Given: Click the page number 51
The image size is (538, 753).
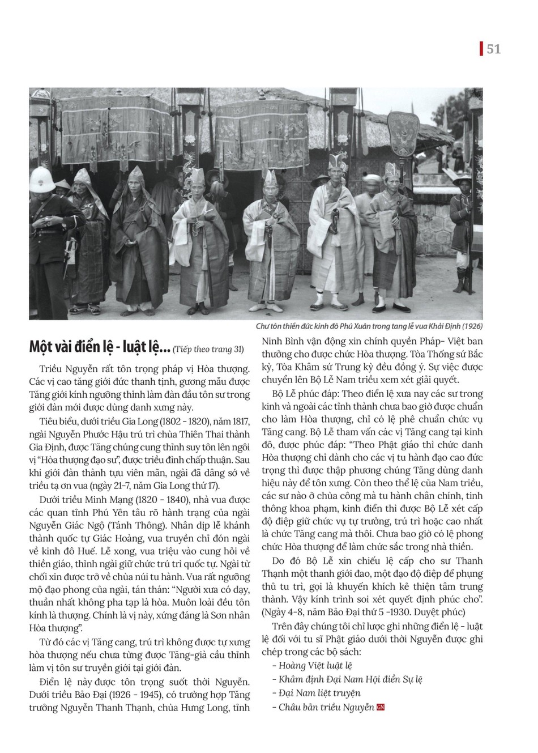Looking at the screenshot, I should (x=493, y=49).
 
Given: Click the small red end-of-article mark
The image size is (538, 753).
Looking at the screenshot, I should (x=381, y=707).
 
